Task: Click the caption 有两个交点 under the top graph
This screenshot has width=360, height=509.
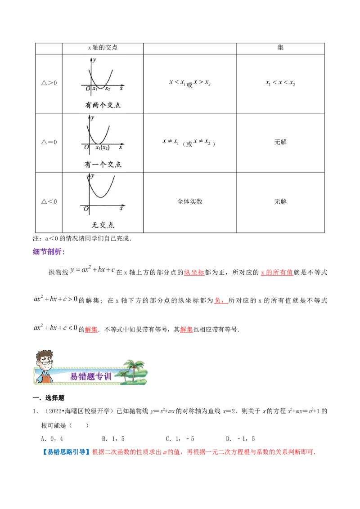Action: pyautogui.click(x=103, y=105)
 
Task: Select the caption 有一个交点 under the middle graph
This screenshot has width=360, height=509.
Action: pyautogui.click(x=103, y=164)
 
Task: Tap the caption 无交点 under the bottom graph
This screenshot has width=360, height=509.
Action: pyautogui.click(x=103, y=224)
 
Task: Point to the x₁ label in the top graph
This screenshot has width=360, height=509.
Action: pyautogui.click(x=95, y=89)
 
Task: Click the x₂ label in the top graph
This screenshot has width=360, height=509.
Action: pyautogui.click(x=108, y=89)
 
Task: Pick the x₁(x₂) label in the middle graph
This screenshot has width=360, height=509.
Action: pyautogui.click(x=102, y=147)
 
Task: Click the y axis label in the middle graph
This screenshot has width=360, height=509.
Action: pyautogui.click(x=93, y=118)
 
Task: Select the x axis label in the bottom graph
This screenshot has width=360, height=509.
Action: pyautogui.click(x=121, y=208)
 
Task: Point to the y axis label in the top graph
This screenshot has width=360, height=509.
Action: pyautogui.click(x=94, y=59)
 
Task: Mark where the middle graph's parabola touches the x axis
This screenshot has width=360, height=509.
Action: pyautogui.click(x=99, y=144)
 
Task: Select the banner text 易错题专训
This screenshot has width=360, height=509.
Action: pyautogui.click(x=90, y=376)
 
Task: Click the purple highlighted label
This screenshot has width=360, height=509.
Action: pyautogui.click(x=49, y=251)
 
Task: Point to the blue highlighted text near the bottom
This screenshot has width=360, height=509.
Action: pyautogui.click(x=66, y=452)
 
